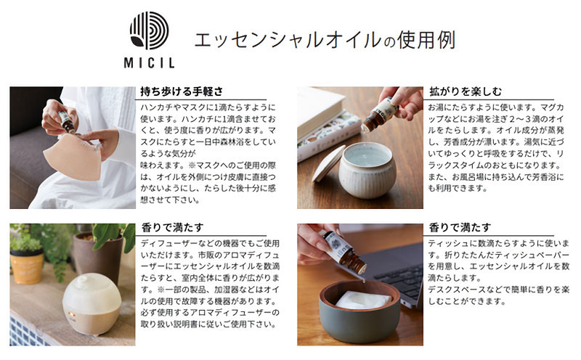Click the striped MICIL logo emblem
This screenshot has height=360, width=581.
click(149, 30)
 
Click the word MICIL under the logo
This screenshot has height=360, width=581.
click(149, 62)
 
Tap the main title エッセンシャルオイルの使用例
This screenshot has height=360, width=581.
click(325, 40)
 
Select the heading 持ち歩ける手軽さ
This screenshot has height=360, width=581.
click(182, 91)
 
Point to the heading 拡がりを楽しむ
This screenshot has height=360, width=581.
click(466, 91)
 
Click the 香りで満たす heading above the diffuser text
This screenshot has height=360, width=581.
click(172, 227)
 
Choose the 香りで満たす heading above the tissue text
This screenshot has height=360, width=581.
click(460, 227)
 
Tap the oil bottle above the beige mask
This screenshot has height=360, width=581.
click(67, 122)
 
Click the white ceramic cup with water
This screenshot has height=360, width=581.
click(367, 170)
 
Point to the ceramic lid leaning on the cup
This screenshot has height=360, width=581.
click(328, 163)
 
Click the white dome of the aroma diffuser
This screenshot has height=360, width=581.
click(92, 292)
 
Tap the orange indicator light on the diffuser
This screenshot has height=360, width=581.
click(70, 315)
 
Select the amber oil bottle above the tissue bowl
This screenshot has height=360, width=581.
click(343, 253)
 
